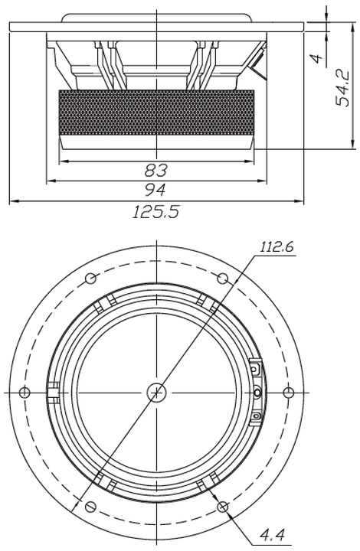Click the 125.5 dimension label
click(155, 212)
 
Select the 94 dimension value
click(155, 190)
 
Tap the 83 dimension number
click(156, 171)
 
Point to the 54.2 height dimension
click(342, 88)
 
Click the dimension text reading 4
click(318, 58)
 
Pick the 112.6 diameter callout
click(277, 247)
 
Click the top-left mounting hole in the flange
click(90, 279)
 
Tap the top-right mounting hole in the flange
click(222, 279)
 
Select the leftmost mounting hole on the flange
click(25, 392)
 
